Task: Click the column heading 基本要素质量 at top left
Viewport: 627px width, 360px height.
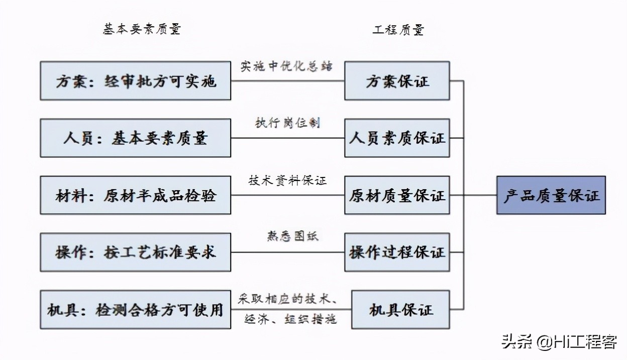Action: pos(142,29)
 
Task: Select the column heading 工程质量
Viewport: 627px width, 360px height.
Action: pos(398,30)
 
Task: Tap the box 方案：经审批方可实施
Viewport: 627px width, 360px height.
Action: pos(135,81)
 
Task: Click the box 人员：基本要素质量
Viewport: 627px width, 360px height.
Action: pos(135,138)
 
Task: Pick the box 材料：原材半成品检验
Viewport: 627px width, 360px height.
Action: pos(135,195)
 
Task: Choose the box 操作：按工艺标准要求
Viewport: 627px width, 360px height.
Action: pos(135,252)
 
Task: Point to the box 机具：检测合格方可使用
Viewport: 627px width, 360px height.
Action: pos(135,310)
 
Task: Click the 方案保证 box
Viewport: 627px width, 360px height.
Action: pos(397,81)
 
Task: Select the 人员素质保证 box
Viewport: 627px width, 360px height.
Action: pos(397,138)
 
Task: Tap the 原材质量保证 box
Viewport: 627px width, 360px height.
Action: pos(397,195)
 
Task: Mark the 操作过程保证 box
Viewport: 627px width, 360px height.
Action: pos(397,252)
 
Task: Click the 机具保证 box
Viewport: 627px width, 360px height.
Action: pos(401,310)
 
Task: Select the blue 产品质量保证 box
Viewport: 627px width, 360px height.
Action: pos(551,195)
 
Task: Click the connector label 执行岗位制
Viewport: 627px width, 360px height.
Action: pos(287,123)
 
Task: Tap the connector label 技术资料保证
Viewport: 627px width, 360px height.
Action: pos(287,181)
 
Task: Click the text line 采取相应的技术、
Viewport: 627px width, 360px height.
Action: pos(287,299)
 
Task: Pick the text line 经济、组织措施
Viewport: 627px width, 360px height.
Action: pos(290,319)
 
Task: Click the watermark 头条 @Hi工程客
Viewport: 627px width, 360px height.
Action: pos(559,342)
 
